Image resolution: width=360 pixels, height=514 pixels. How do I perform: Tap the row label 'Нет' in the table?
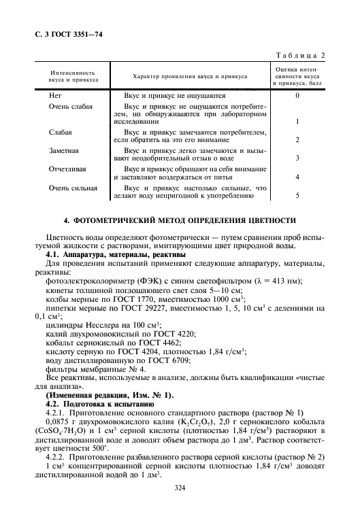(x=55, y=97)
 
